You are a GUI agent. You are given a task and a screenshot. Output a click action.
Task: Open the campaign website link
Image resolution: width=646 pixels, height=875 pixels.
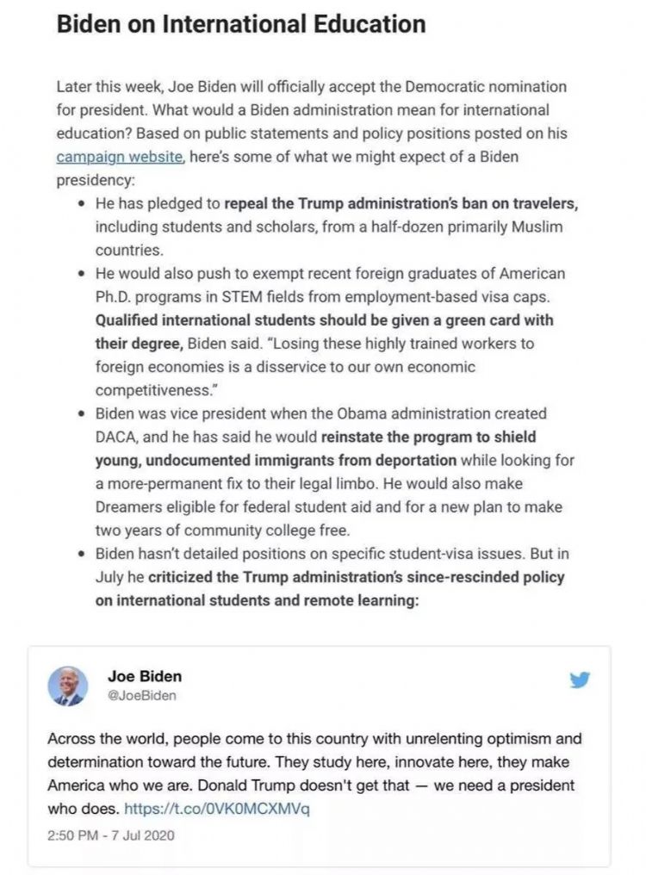tap(119, 157)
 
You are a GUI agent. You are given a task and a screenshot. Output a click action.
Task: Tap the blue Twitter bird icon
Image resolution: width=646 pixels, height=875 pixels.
tap(580, 680)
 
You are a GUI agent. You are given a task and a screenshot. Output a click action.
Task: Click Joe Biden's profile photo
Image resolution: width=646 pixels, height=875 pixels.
tap(67, 686)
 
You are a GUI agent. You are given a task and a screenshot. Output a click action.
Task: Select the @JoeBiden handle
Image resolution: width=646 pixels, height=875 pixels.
tap(141, 696)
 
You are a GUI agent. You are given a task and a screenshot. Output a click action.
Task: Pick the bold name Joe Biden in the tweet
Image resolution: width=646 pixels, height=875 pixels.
tap(145, 676)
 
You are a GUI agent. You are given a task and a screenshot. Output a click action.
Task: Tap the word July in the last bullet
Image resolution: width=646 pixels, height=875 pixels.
tap(112, 577)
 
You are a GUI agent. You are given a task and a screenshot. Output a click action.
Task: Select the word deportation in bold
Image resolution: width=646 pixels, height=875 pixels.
tap(413, 460)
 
